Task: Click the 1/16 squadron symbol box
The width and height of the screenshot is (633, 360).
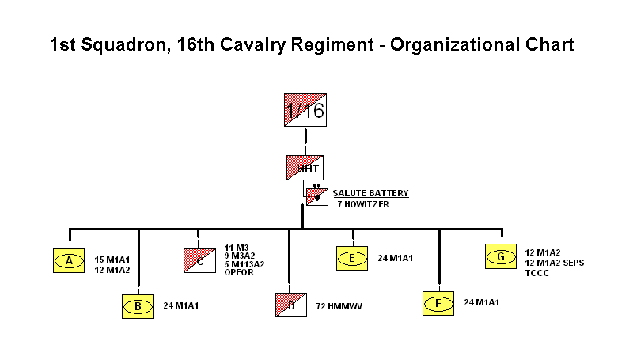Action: tap(305, 110)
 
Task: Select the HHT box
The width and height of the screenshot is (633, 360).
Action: tap(305, 168)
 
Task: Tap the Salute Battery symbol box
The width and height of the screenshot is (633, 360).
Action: tap(317, 197)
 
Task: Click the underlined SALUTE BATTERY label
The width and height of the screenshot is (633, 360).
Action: tap(370, 193)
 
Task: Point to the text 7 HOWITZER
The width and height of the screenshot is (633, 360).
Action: tap(363, 204)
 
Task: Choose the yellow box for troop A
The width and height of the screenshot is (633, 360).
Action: tap(69, 261)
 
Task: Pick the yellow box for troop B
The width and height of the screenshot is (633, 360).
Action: tap(138, 307)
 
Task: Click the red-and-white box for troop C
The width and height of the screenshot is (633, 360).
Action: tap(199, 261)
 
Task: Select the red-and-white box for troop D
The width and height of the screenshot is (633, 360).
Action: tap(291, 305)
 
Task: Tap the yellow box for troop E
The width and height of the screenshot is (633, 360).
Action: tap(352, 258)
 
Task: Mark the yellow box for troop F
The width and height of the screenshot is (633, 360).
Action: tap(438, 303)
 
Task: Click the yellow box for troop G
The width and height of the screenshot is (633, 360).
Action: tap(501, 256)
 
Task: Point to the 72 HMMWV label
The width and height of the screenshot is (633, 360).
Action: tap(339, 306)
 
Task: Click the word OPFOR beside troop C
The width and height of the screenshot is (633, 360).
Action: tap(239, 272)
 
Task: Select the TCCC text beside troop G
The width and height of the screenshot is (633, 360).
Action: tap(537, 273)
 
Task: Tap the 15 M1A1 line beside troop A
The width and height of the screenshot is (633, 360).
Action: tap(112, 260)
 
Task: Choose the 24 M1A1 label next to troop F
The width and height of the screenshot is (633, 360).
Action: tap(482, 302)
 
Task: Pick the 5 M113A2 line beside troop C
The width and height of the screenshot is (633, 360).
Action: tap(244, 264)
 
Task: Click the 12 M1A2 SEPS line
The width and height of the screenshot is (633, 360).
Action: tap(555, 263)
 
